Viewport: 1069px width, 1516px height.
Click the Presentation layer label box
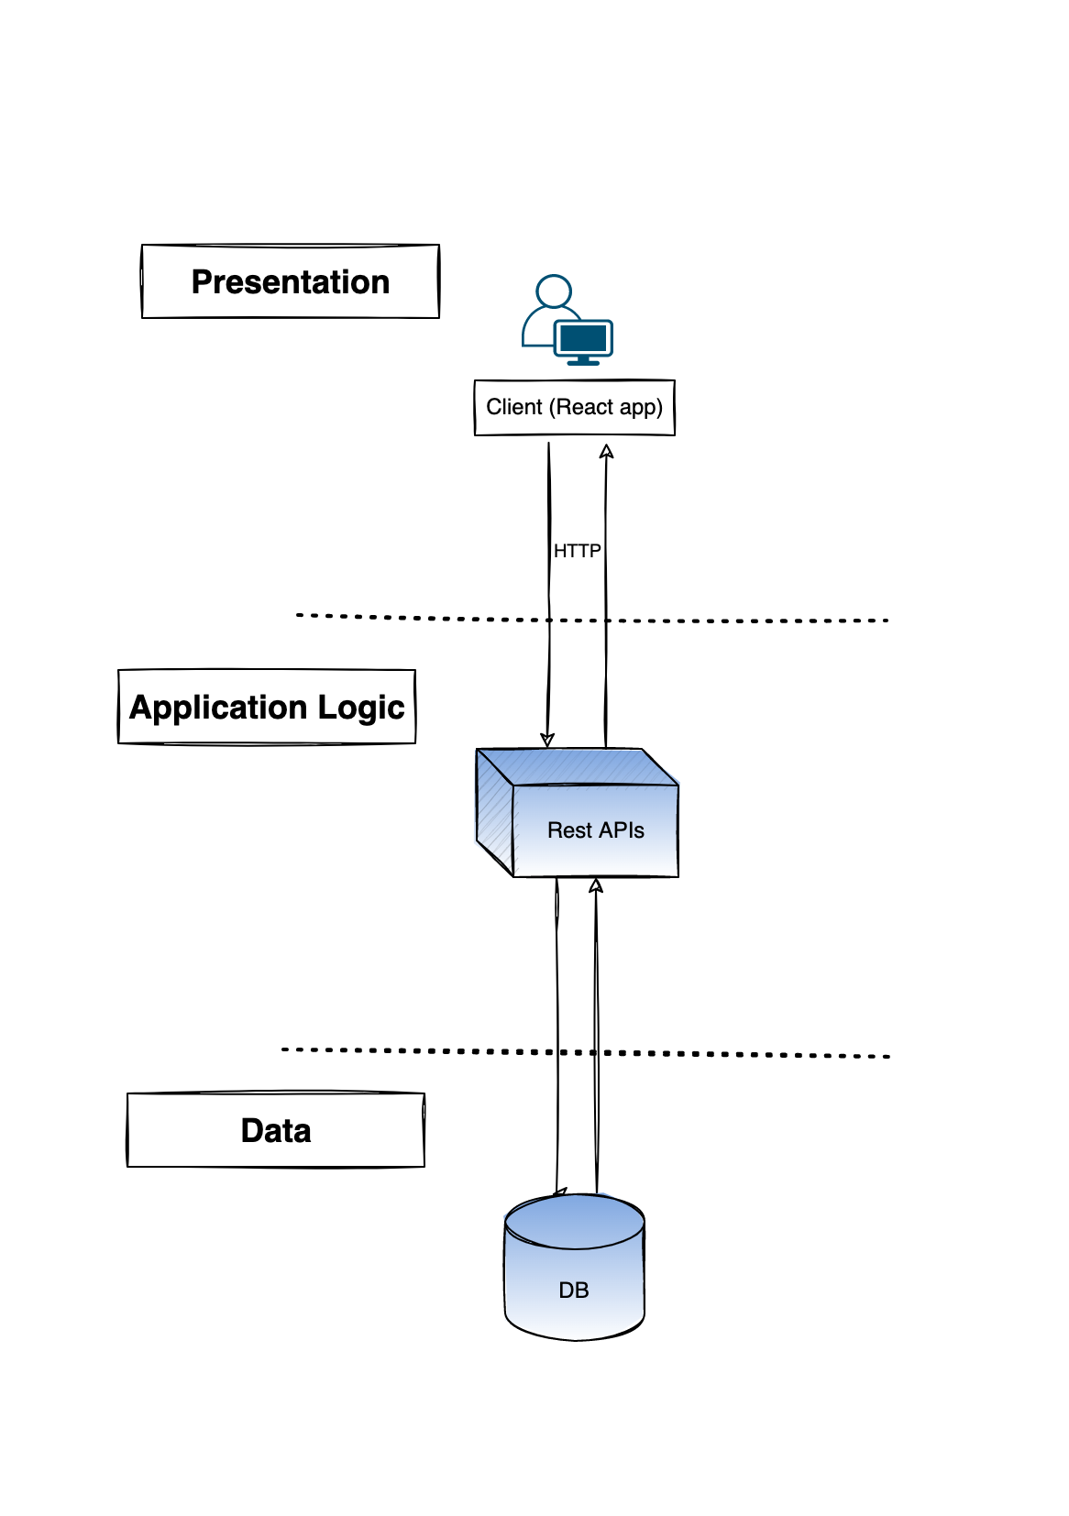tap(291, 281)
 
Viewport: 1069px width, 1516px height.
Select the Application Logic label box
tap(267, 707)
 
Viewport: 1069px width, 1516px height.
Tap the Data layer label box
tap(276, 1130)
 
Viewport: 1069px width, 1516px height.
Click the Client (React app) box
tap(574, 407)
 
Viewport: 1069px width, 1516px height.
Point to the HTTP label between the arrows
tap(577, 551)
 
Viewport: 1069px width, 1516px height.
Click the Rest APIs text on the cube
tap(595, 830)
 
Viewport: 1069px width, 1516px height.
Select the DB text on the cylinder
tap(573, 1291)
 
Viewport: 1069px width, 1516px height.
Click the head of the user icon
tap(554, 291)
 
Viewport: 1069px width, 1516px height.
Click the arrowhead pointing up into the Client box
tap(606, 451)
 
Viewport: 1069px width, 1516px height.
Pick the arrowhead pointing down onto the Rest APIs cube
tap(547, 741)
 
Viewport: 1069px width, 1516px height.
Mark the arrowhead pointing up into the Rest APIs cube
tap(596, 885)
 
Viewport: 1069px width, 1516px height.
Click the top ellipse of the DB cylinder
tap(574, 1221)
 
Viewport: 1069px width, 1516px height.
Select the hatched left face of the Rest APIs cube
tap(494, 812)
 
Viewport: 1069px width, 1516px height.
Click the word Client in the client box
tap(513, 407)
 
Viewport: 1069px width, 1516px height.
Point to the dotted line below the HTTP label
tap(733, 621)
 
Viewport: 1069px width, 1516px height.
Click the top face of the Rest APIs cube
tap(578, 766)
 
